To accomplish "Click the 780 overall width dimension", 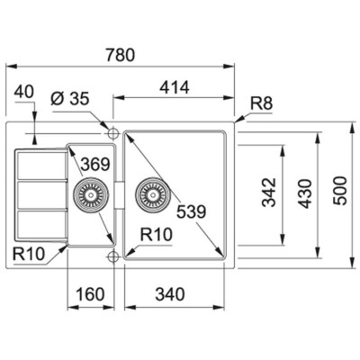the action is coord(120,55).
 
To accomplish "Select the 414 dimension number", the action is coord(175,87).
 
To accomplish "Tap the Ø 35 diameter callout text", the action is coord(70,98).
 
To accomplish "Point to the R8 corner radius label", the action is coord(262,103).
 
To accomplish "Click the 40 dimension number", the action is coord(24,92).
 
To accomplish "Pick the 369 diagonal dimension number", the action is coord(95,164).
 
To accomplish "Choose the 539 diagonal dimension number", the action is coord(192,211).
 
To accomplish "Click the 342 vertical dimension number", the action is coord(269,193).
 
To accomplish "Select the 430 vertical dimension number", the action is coord(304,193).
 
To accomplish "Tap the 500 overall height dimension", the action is coord(340,191).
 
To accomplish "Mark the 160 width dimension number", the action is coord(90,294).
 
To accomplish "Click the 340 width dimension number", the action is coord(170,294).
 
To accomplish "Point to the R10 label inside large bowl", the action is coord(157,234).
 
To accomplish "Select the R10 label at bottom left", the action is coord(29,254).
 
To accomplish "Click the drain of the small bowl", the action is coord(89,195).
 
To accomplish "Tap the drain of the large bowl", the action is coord(152,195).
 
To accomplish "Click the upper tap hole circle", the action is coord(112,133).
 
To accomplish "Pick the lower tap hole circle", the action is coord(112,256).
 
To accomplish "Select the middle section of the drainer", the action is coord(41,195).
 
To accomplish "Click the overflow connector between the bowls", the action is coord(119,195).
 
